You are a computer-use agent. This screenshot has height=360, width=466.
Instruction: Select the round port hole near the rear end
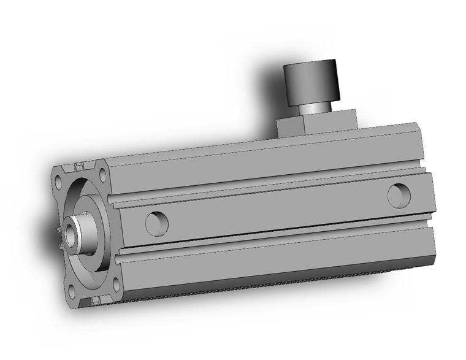tap(399, 194)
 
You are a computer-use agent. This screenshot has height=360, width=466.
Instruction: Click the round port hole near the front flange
tap(156, 222)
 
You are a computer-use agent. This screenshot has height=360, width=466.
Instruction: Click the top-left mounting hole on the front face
tap(59, 183)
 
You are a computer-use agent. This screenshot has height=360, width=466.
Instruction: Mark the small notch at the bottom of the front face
tap(95, 299)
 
